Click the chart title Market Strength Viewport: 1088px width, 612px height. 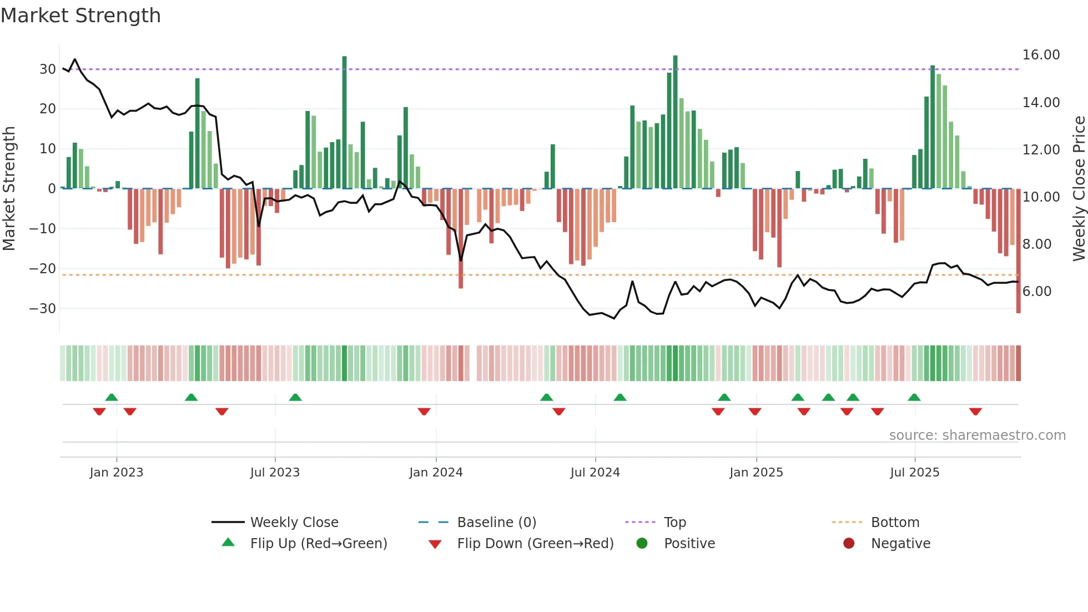pos(80,16)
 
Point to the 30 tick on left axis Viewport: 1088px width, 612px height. pos(47,69)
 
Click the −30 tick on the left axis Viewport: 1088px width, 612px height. pos(43,309)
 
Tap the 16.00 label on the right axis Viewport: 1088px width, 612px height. pos(1041,55)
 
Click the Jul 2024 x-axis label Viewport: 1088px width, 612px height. pos(595,473)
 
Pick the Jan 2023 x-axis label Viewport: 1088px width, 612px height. pos(117,473)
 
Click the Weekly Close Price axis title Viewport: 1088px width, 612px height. pos(1079,188)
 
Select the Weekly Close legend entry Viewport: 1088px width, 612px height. pos(294,523)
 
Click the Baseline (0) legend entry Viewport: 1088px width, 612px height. pos(496,523)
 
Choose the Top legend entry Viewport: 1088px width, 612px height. pos(675,523)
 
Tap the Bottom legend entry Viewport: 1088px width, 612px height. pos(895,523)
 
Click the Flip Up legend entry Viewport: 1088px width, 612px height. pos(318,544)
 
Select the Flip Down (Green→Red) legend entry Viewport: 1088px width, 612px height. pos(535,544)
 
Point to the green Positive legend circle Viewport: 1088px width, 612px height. pos(642,544)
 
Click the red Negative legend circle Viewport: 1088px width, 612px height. pos(849,544)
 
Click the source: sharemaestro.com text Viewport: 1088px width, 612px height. pos(977,435)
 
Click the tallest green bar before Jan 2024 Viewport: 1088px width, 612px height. pos(344,122)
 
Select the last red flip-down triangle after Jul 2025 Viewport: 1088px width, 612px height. pos(975,412)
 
